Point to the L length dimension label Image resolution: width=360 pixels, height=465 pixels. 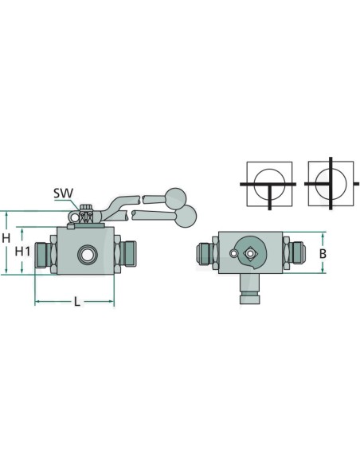pos(76,302)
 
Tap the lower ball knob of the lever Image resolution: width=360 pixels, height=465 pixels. pos(188,214)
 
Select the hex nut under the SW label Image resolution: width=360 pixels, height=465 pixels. pos(86,216)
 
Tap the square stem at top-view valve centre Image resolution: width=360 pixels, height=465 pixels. pos(252,253)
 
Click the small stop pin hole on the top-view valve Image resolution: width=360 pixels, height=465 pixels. pos(233,253)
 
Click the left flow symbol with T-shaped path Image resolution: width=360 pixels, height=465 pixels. pos(269,185)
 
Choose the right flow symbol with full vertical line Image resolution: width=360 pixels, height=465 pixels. pos(329,185)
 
